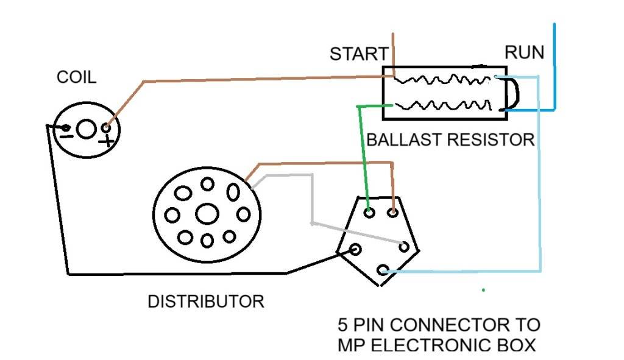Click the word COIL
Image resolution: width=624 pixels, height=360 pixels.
coord(76,77)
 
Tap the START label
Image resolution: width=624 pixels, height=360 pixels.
coord(359,54)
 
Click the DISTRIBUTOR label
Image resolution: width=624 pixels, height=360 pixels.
coord(206,301)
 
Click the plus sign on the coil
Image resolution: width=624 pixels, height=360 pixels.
coord(108,141)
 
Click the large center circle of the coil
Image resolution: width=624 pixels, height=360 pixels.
coord(87,129)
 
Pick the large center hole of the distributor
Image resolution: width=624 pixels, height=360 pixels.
coord(207,213)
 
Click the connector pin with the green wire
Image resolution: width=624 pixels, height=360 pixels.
coord(369,213)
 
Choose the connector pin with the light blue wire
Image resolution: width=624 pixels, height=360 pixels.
coord(382,270)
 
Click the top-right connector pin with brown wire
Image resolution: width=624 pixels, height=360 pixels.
coord(394,213)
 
